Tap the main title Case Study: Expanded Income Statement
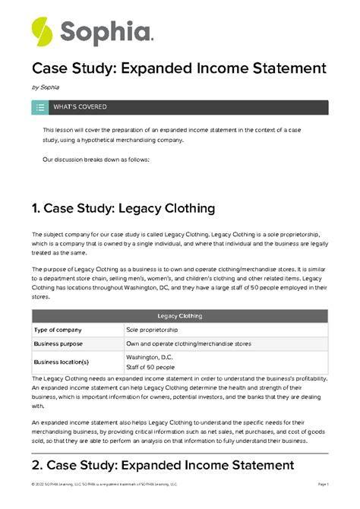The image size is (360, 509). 178,69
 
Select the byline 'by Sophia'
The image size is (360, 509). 45,88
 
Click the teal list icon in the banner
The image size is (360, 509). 39,108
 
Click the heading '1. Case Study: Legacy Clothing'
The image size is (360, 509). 123,208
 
